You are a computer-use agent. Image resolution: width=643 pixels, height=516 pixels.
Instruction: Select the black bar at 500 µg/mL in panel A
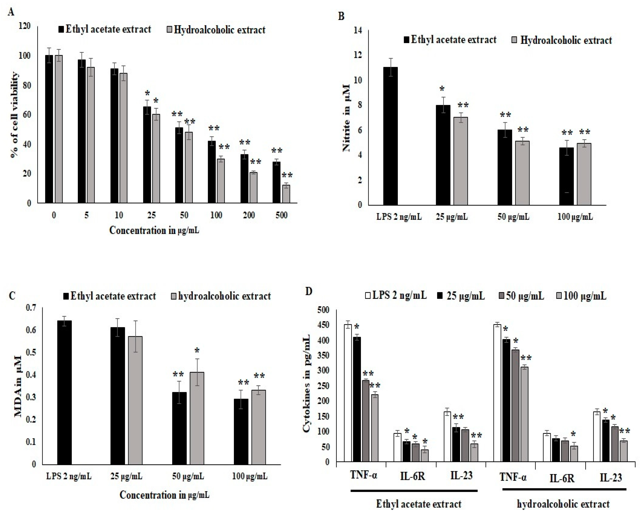tap(277, 182)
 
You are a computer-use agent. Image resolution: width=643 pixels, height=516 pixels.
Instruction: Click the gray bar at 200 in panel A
tap(254, 188)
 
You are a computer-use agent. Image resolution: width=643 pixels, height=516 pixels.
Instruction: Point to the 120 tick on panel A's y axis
tap(24, 26)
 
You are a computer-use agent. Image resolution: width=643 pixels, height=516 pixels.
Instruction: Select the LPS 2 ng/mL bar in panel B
tap(390, 136)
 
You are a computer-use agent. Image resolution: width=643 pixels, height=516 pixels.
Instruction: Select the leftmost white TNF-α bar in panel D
tap(348, 393)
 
